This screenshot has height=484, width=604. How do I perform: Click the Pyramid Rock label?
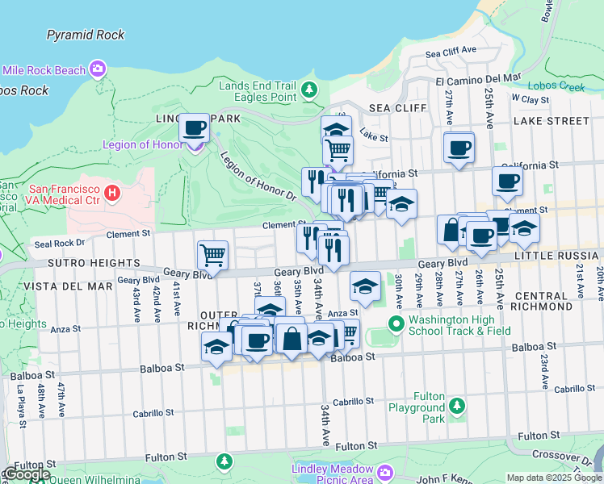click(86, 35)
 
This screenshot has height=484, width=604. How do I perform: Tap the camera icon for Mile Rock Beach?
click(98, 69)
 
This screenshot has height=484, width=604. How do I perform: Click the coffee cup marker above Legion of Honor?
click(193, 129)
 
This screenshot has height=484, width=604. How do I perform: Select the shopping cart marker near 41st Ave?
click(212, 256)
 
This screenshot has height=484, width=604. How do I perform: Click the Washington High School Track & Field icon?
click(396, 324)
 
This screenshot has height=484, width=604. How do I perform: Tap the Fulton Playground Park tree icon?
click(456, 405)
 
